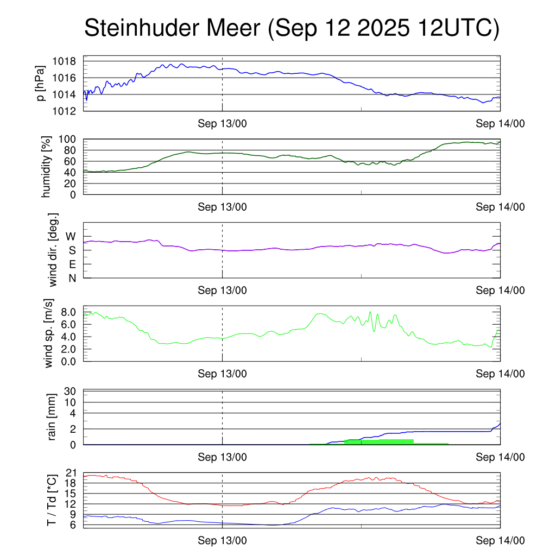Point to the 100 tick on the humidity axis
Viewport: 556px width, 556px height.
(x=71, y=140)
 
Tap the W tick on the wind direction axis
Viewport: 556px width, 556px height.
(x=71, y=237)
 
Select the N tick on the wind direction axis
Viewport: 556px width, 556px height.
(x=72, y=278)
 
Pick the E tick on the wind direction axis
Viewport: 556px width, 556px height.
(x=72, y=264)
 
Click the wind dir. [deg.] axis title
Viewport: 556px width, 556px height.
(x=53, y=250)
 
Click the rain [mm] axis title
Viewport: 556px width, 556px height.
(x=53, y=417)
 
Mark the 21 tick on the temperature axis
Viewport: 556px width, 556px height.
(x=72, y=473)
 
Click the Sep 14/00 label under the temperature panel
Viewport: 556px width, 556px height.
(x=500, y=541)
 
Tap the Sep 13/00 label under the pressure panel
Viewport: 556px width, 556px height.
(x=222, y=124)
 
